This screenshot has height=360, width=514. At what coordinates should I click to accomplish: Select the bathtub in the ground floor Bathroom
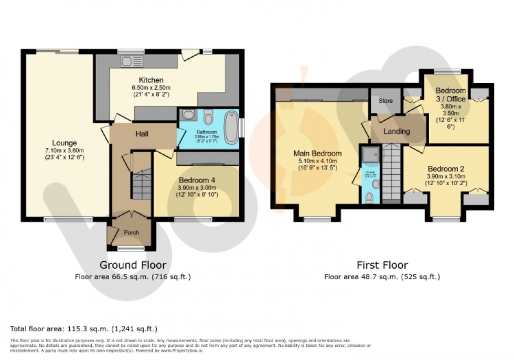(230, 127)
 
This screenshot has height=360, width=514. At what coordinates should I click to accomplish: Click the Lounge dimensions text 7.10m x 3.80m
(66, 151)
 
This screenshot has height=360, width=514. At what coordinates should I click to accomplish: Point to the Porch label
(131, 232)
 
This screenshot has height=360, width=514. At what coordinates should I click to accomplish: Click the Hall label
(142, 134)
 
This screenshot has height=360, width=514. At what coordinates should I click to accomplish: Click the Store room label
(385, 101)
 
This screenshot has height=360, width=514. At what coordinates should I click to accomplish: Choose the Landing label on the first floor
(397, 131)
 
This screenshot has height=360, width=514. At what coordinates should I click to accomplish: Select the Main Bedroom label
(317, 154)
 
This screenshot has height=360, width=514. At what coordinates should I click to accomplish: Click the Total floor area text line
(84, 329)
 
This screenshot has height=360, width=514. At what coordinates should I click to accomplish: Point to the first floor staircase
(391, 173)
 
